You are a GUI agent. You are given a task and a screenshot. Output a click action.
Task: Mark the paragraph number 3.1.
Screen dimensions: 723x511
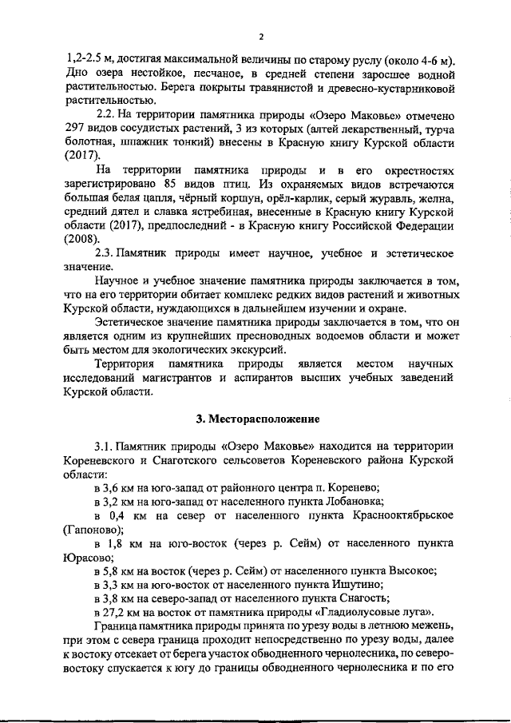pyautogui.click(x=107, y=445)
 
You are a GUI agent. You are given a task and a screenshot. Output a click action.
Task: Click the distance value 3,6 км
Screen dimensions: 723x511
pyautogui.click(x=117, y=487)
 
